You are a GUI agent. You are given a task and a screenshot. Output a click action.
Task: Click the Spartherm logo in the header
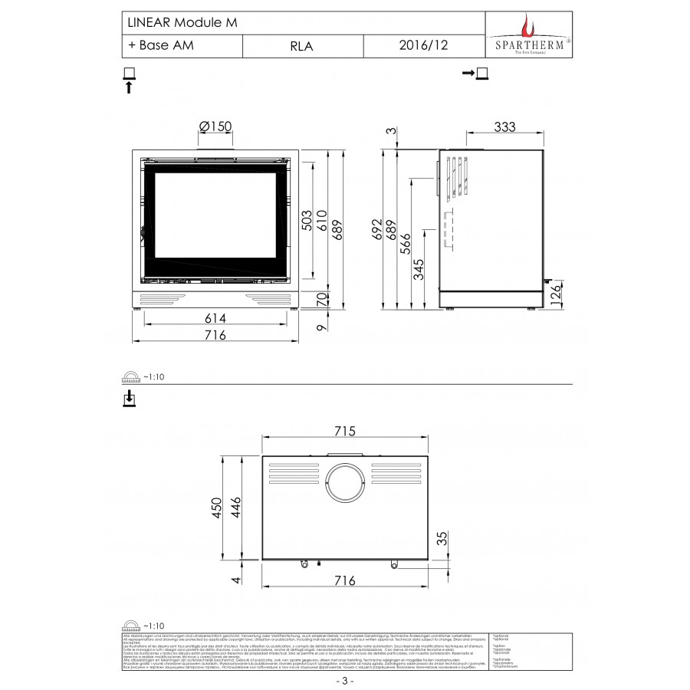(530, 34)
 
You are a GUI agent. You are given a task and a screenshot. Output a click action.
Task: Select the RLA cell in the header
(301, 46)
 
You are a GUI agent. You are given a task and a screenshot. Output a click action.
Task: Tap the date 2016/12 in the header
(424, 46)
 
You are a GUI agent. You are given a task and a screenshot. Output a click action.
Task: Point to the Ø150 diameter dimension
(215, 127)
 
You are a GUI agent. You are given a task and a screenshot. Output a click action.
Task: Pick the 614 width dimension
(215, 318)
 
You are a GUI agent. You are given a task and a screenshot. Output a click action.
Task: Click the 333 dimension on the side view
(503, 127)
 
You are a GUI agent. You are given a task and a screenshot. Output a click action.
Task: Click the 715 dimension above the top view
(345, 432)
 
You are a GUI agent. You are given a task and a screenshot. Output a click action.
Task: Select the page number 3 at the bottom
(345, 680)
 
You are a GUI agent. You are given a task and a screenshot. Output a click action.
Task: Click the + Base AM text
(161, 45)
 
